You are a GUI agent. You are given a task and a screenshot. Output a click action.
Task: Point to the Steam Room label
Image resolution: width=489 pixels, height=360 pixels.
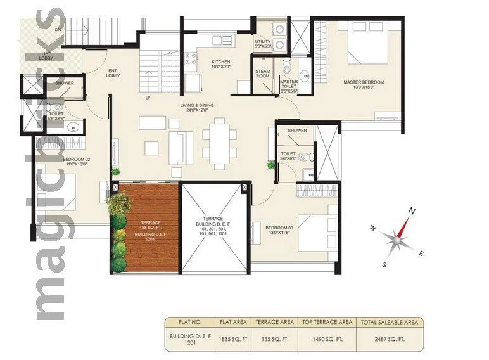[x=262, y=74]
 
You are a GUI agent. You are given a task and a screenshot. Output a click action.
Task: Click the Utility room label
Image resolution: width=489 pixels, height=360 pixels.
[x=262, y=44]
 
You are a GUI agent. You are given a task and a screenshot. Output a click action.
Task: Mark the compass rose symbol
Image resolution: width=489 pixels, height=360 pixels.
[x=397, y=236]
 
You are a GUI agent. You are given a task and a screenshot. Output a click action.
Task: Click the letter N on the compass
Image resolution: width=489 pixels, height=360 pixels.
[x=411, y=211]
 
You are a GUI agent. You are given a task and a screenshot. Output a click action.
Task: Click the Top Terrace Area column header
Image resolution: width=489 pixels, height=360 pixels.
[x=326, y=322]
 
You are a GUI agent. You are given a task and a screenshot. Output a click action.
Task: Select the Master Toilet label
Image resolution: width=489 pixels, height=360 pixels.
[x=289, y=87]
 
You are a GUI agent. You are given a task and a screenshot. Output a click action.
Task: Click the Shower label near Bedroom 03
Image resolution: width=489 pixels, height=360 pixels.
[x=297, y=131]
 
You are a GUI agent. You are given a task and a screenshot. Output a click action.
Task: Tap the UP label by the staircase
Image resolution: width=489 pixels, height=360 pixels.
[x=148, y=98]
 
